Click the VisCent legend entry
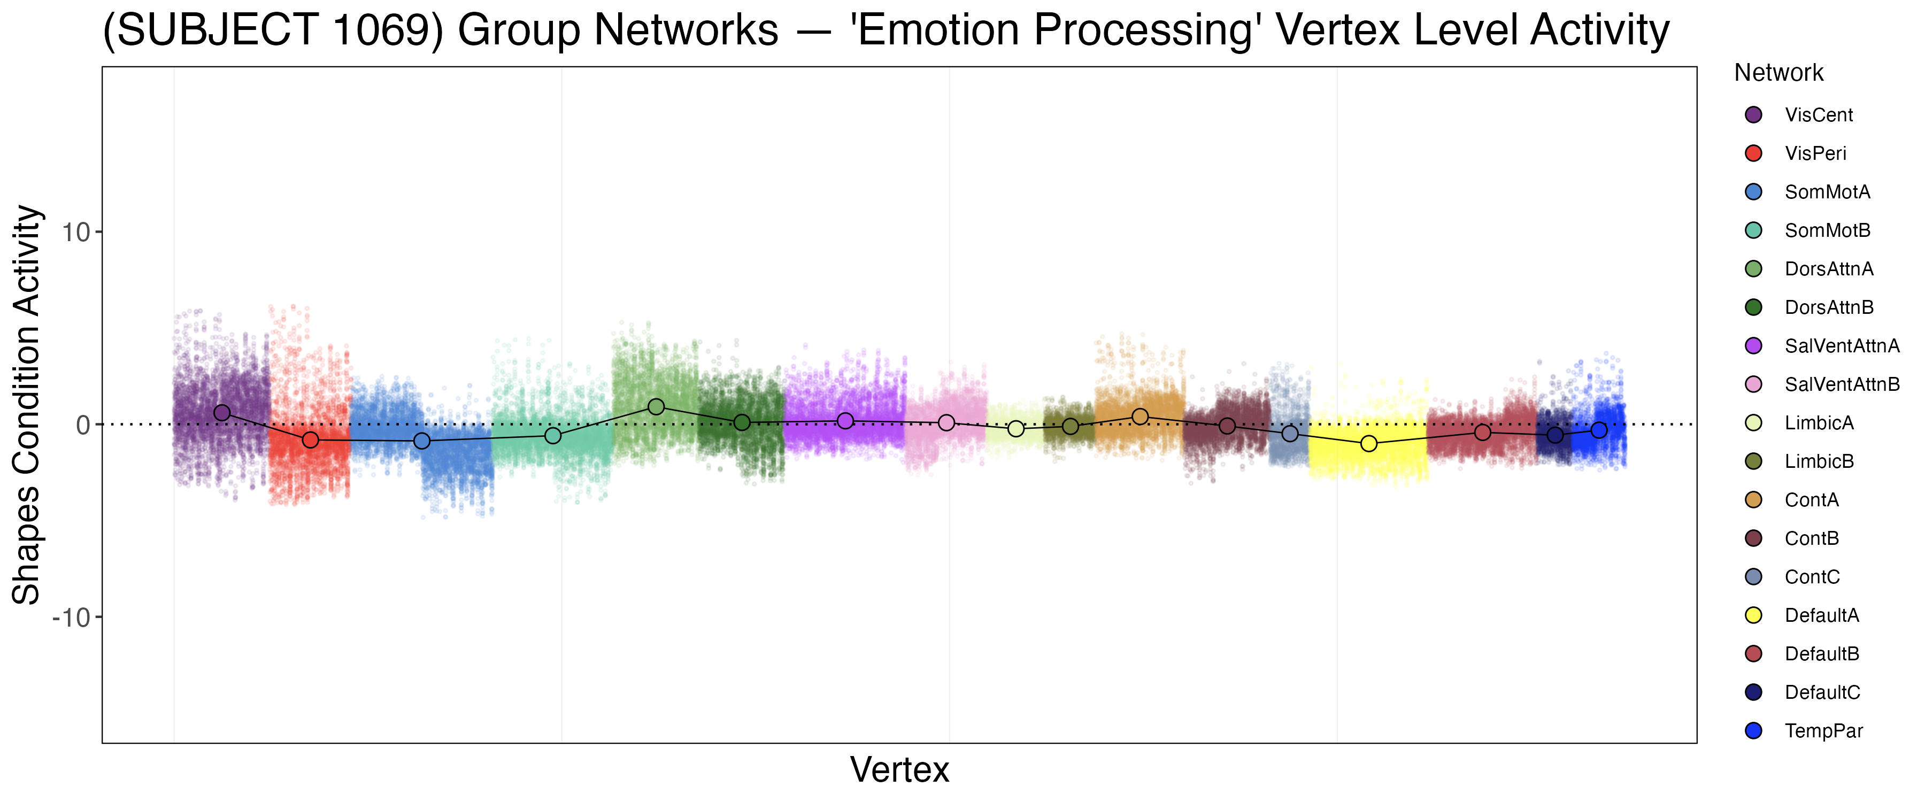click(x=1818, y=115)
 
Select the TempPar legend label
click(x=1823, y=731)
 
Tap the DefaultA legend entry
click(x=1821, y=615)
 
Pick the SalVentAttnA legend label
click(x=1841, y=346)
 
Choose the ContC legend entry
click(x=1812, y=577)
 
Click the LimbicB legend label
click(x=1819, y=461)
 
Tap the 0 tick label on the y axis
click(x=83, y=425)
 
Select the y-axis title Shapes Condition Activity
click(x=27, y=404)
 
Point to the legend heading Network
click(x=1778, y=73)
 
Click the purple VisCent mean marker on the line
click(x=222, y=413)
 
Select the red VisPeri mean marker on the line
click(x=310, y=440)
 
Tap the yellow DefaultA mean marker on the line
click(x=1368, y=443)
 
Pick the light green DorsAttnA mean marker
click(x=656, y=406)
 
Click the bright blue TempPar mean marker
click(x=1598, y=430)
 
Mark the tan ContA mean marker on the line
click(x=1139, y=417)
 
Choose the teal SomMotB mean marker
click(x=552, y=436)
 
